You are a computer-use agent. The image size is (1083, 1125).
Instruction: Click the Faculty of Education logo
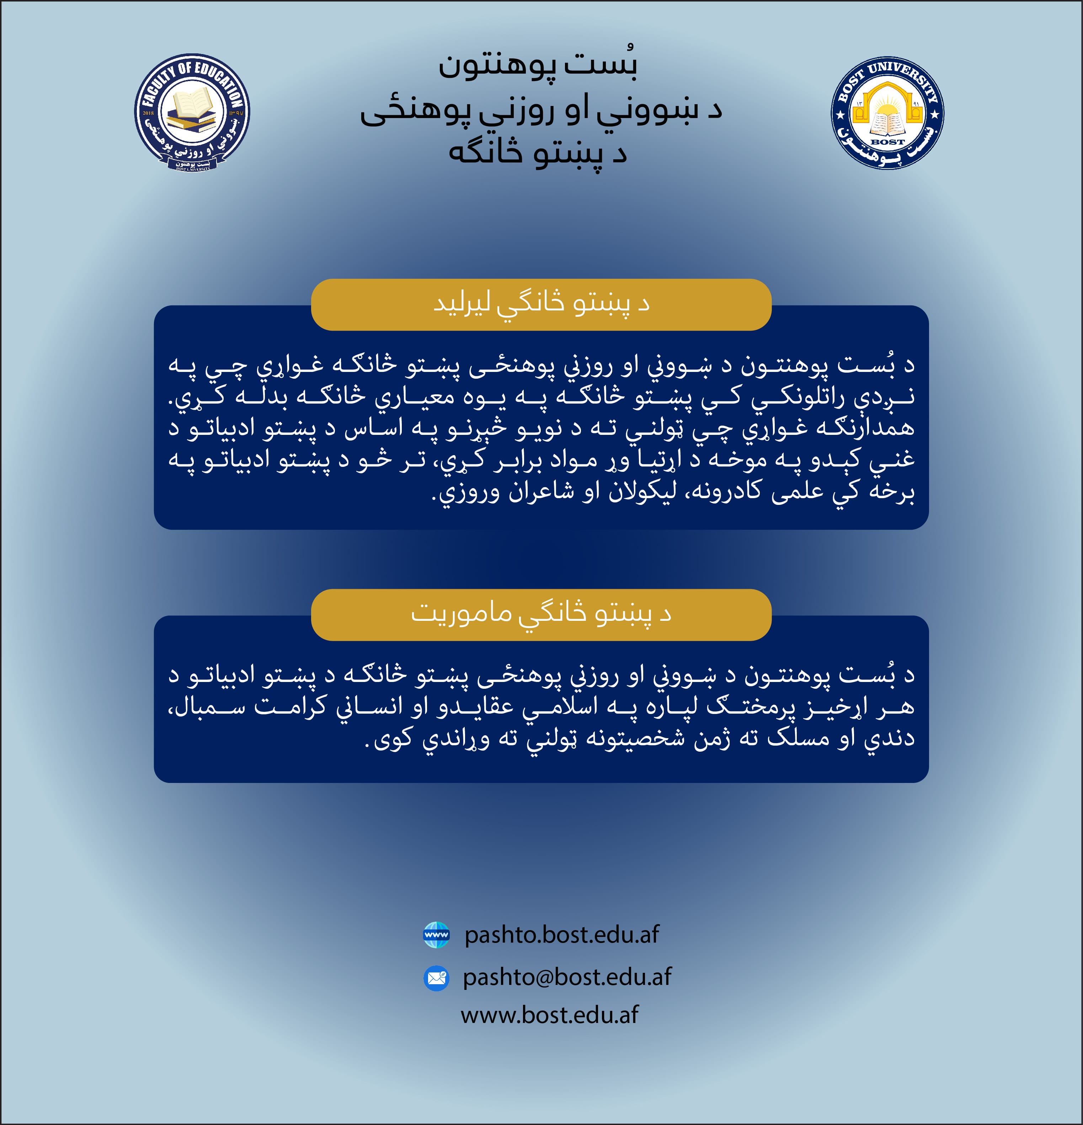tap(192, 112)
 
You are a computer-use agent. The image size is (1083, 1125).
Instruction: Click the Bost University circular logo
tap(887, 112)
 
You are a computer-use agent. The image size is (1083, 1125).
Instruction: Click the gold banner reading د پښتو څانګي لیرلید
tap(541, 305)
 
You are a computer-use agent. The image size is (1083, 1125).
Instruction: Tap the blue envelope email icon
tap(436, 977)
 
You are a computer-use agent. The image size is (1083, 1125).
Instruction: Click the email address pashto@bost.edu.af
tap(567, 977)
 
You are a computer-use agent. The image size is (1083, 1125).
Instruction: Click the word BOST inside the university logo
tap(887, 141)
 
